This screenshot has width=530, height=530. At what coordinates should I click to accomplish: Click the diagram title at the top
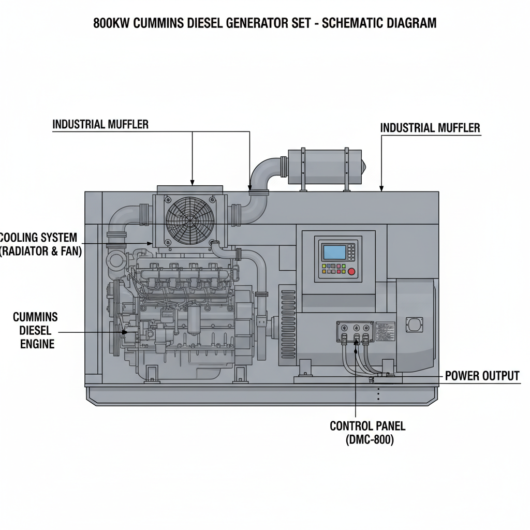tap(264, 23)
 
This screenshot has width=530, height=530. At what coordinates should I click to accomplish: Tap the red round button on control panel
tap(352, 271)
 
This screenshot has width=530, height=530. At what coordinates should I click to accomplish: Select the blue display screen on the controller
tap(334, 252)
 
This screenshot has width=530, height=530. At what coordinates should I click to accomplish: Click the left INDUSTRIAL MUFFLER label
tap(100, 124)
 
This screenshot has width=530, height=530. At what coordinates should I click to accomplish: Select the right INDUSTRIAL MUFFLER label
tap(430, 127)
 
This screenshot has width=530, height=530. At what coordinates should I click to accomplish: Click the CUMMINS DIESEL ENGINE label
tap(35, 330)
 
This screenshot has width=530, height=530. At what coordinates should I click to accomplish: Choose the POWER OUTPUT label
tap(482, 376)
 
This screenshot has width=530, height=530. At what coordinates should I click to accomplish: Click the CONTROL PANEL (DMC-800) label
tap(367, 433)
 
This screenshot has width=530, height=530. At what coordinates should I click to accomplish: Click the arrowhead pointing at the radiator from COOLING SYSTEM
tap(150, 243)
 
